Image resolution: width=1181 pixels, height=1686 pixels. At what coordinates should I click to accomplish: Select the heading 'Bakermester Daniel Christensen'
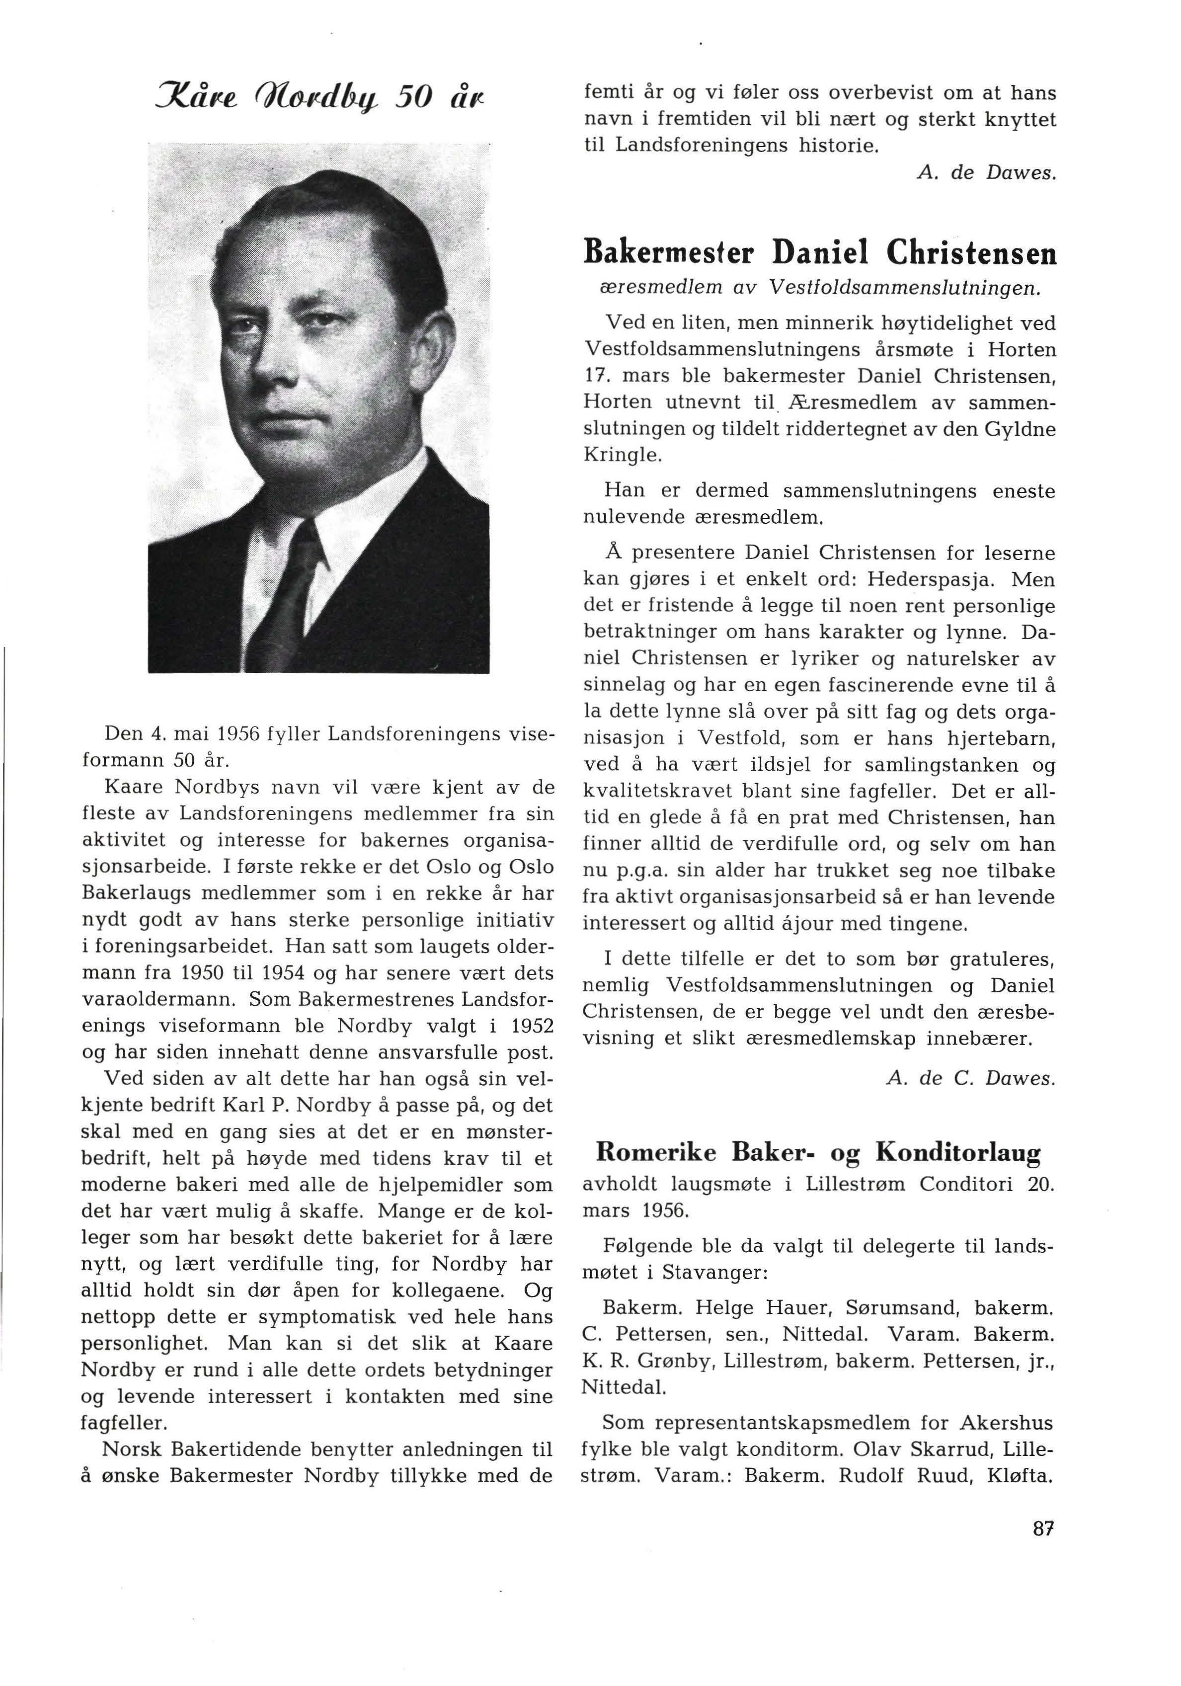point(819,254)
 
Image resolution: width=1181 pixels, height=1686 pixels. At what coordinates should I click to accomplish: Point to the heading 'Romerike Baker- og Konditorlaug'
point(817,1153)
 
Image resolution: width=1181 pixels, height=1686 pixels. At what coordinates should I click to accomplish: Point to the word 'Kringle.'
point(622,455)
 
